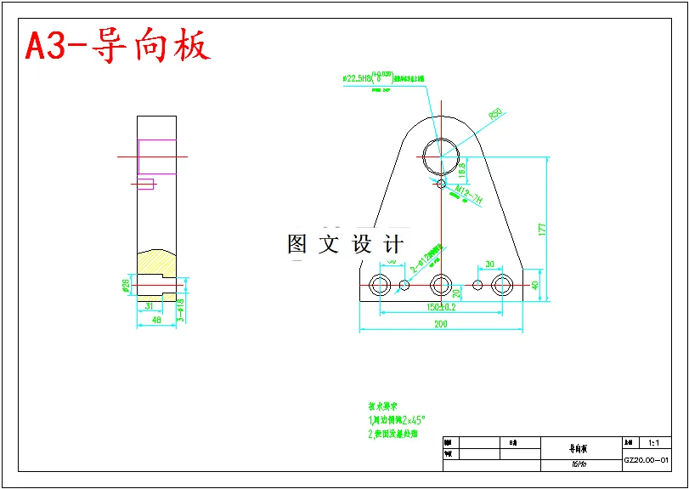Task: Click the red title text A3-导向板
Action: [117, 46]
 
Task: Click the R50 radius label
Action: [494, 113]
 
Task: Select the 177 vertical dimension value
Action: [540, 228]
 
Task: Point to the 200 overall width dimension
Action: [440, 324]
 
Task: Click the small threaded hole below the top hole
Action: [440, 182]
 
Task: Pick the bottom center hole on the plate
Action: [440, 284]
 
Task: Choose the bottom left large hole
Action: [379, 284]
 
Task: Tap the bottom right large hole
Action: [502, 284]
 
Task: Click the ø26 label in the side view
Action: [126, 283]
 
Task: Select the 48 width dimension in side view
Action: [155, 320]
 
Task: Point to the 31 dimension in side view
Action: [149, 305]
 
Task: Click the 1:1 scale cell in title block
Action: [654, 443]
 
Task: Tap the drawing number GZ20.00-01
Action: [647, 460]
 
